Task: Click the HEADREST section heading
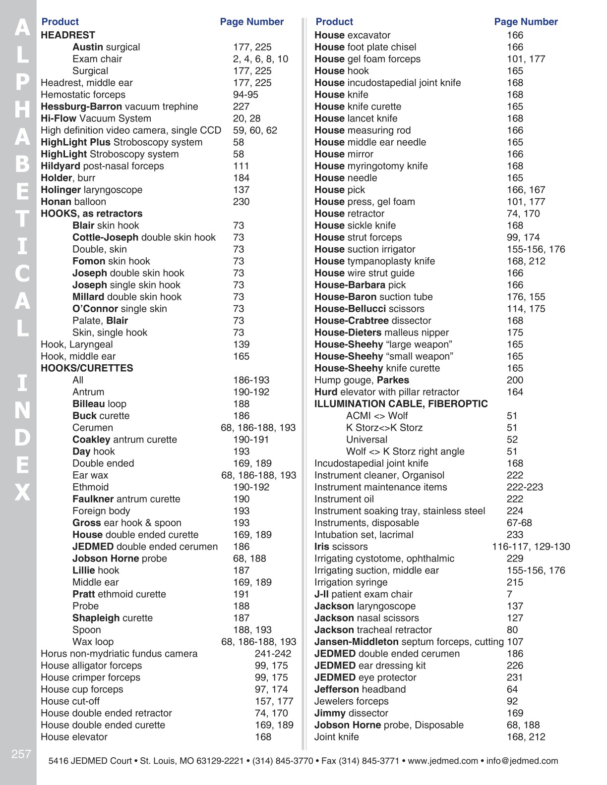point(68,35)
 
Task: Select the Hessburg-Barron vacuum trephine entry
point(119,107)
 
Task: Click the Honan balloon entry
point(73,202)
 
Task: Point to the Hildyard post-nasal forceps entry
point(102,166)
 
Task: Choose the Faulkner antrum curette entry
point(126,499)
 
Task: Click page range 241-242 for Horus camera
point(273,654)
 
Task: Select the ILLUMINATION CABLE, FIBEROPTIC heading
point(401,404)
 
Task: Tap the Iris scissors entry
point(341,547)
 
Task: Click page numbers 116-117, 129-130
point(531,547)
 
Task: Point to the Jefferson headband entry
point(360,689)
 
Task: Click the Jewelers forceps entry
point(352,701)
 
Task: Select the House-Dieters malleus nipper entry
point(381,333)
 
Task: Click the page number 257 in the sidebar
point(21,754)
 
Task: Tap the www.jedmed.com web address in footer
point(442,761)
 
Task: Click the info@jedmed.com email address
point(522,761)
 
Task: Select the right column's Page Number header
point(526,22)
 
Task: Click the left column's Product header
point(60,22)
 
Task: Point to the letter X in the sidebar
point(22,492)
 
